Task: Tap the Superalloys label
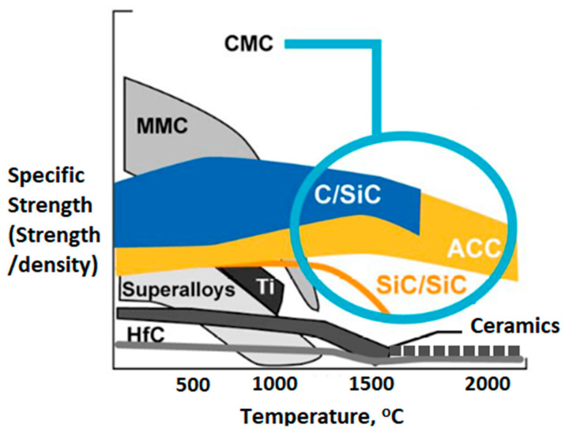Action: (x=178, y=289)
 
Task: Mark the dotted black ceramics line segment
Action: (x=458, y=348)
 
